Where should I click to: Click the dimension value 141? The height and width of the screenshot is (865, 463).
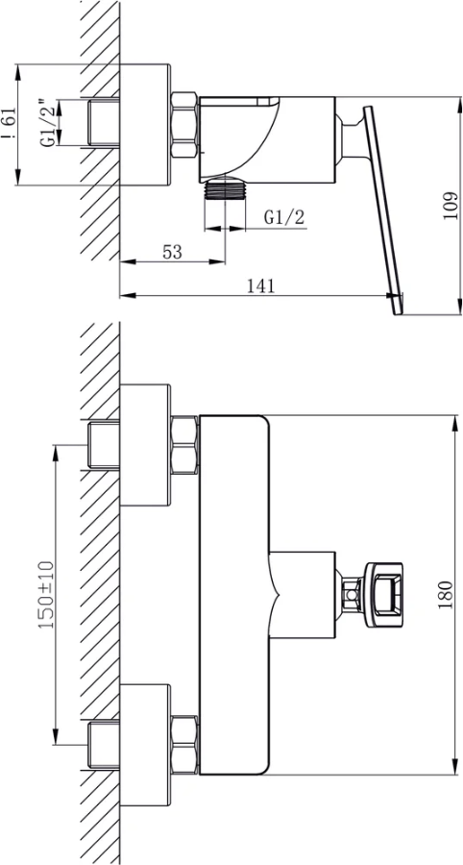point(260,285)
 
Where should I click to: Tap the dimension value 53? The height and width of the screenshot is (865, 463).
point(172,252)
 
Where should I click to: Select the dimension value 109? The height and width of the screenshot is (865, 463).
point(451,206)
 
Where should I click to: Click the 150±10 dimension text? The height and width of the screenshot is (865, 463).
point(46,595)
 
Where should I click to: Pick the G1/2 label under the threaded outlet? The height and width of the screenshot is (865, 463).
point(284,217)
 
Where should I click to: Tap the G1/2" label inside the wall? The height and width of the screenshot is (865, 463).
point(48,123)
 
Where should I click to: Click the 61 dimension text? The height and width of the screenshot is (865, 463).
point(10,125)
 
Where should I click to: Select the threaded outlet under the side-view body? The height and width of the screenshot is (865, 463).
point(225,188)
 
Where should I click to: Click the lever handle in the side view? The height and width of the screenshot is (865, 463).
point(382,210)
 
